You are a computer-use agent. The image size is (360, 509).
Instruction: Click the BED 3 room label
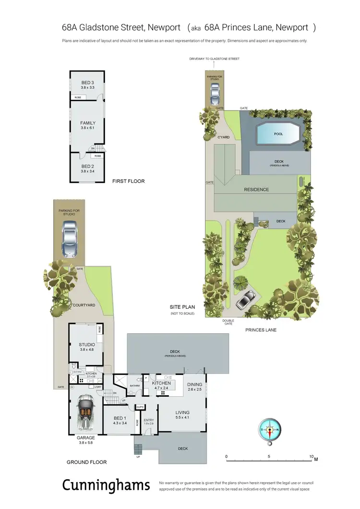click(88, 82)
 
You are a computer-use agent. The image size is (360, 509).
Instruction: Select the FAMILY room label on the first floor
click(88, 123)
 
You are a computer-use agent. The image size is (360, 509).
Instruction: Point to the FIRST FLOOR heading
click(128, 182)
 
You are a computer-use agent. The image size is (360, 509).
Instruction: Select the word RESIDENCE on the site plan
click(256, 190)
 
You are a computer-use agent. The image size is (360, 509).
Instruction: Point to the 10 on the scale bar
click(312, 457)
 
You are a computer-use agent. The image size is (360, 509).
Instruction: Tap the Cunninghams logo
click(106, 485)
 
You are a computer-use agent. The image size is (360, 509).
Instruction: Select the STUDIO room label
click(87, 344)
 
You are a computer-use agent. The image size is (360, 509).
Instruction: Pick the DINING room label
click(195, 385)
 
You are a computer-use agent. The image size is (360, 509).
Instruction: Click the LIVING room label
click(182, 412)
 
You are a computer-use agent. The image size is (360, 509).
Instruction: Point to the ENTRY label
click(149, 420)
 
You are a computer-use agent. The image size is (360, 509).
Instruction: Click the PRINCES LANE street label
click(261, 330)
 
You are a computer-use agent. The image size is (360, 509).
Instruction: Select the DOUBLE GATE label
click(228, 322)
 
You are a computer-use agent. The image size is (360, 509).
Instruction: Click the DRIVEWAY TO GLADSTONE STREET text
click(214, 59)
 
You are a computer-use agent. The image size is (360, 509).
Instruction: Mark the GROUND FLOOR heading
click(87, 462)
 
